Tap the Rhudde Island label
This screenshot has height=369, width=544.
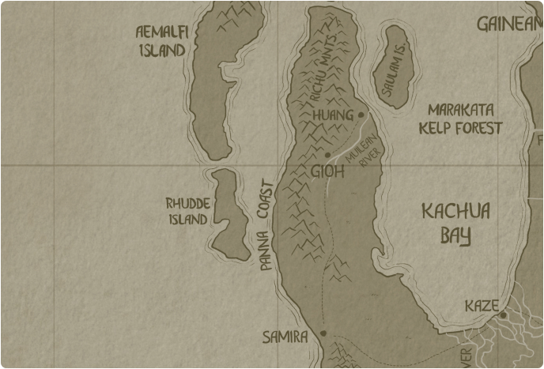[187, 211]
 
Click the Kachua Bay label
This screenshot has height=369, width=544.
[455, 223]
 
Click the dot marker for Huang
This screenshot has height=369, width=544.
[361, 115]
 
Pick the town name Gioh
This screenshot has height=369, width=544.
[328, 171]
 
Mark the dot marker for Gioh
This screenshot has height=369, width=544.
[327, 154]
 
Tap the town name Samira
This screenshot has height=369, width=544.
[285, 337]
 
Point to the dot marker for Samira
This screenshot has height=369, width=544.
[323, 333]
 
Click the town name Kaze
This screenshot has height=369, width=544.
[482, 306]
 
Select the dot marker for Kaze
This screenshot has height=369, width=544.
[503, 315]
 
